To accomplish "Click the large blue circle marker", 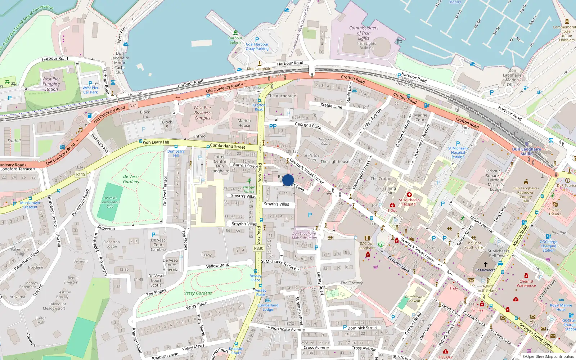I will click(288, 180).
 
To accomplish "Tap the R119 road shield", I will click(81, 174).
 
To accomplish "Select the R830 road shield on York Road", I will click(258, 248).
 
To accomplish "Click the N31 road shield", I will click(133, 105).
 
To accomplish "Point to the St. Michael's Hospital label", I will click(409, 202).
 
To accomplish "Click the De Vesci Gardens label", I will click(131, 179).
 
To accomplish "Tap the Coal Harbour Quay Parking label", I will click(257, 46).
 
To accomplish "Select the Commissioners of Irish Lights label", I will click(364, 33).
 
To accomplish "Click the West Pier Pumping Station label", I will click(51, 84).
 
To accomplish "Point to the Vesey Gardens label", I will click(198, 293).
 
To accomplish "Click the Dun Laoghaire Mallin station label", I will click(526, 152).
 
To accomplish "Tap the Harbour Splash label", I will click(235, 40).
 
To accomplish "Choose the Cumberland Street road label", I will click(228, 146).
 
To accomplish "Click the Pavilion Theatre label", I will click(555, 212).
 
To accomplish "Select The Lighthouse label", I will click(335, 162).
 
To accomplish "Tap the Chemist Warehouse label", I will click(526, 283).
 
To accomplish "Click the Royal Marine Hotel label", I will click(561, 307).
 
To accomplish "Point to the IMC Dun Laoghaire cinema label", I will click(367, 246).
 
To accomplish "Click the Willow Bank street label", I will click(217, 266).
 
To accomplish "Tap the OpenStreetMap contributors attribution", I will click(550, 356).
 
